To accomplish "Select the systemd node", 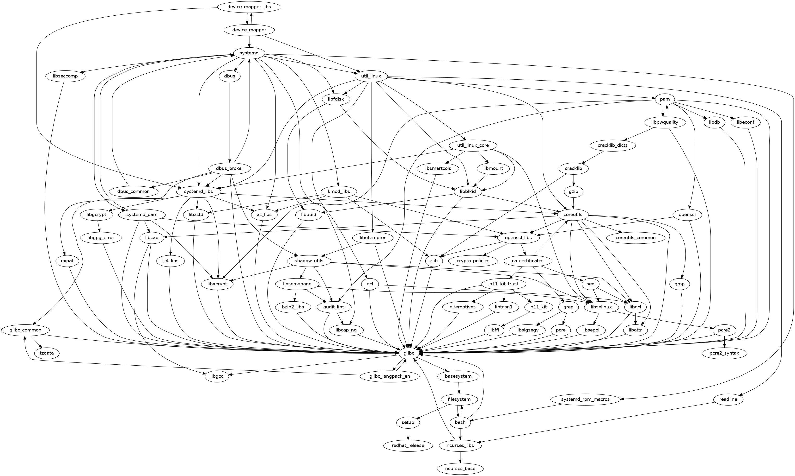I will (x=249, y=53).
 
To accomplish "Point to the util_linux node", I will (x=371, y=76).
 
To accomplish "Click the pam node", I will (x=665, y=99).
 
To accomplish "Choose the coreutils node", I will (x=574, y=215).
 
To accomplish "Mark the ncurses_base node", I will (x=460, y=469).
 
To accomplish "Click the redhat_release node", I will (x=408, y=445).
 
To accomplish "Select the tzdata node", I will (x=47, y=353).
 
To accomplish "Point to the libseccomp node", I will (x=65, y=76).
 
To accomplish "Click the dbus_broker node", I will (x=229, y=168).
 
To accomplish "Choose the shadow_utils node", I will (x=309, y=261).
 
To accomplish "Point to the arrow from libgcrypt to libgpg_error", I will (x=99, y=226).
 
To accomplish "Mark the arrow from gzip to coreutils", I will (x=574, y=203).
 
